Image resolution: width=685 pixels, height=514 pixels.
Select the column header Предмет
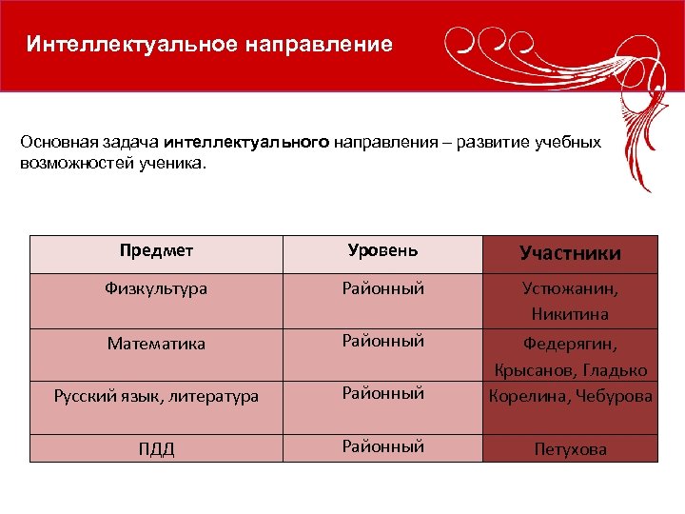click(157, 251)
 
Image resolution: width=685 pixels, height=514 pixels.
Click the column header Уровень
click(382, 251)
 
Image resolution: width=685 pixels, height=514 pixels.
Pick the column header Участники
click(570, 253)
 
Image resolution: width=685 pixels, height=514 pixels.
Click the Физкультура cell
click(157, 288)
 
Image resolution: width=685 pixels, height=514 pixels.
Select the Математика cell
click(157, 344)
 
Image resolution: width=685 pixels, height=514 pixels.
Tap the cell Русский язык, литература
click(157, 396)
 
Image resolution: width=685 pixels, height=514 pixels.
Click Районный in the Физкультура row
click(382, 288)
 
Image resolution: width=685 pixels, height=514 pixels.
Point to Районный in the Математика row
click(382, 341)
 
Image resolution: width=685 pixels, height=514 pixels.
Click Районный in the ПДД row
click(382, 446)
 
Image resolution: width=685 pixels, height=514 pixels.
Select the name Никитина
click(570, 313)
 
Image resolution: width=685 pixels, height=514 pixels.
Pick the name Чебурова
click(613, 396)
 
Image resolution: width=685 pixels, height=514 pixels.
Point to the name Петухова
click(570, 449)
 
